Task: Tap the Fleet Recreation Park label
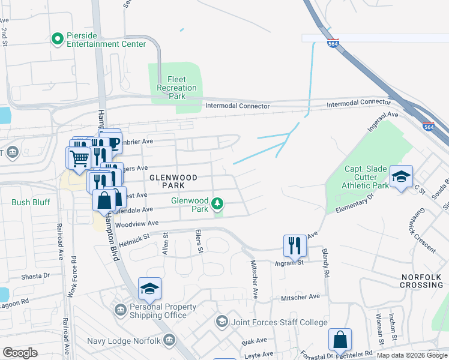pyautogui.click(x=176, y=88)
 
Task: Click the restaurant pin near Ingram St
pyautogui.click(x=294, y=244)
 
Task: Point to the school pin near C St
pyautogui.click(x=401, y=176)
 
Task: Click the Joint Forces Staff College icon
pyautogui.click(x=222, y=322)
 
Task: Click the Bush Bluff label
pyautogui.click(x=29, y=203)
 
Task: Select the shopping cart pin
pyautogui.click(x=79, y=158)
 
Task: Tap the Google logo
pyautogui.click(x=20, y=353)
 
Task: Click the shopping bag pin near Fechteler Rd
pyautogui.click(x=340, y=339)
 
